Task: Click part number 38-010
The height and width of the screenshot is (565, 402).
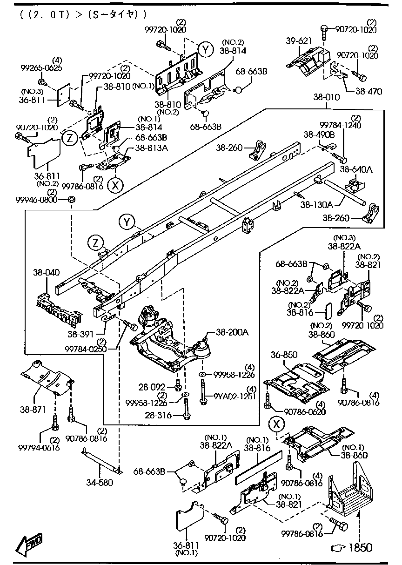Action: click(327, 98)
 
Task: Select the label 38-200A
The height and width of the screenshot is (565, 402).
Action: click(232, 332)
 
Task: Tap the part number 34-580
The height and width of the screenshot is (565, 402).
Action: click(100, 483)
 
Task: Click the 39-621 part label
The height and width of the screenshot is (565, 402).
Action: click(299, 41)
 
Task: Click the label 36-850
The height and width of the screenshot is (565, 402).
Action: click(284, 356)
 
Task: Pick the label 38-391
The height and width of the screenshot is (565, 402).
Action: click(80, 334)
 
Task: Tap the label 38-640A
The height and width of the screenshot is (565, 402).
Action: click(356, 170)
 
